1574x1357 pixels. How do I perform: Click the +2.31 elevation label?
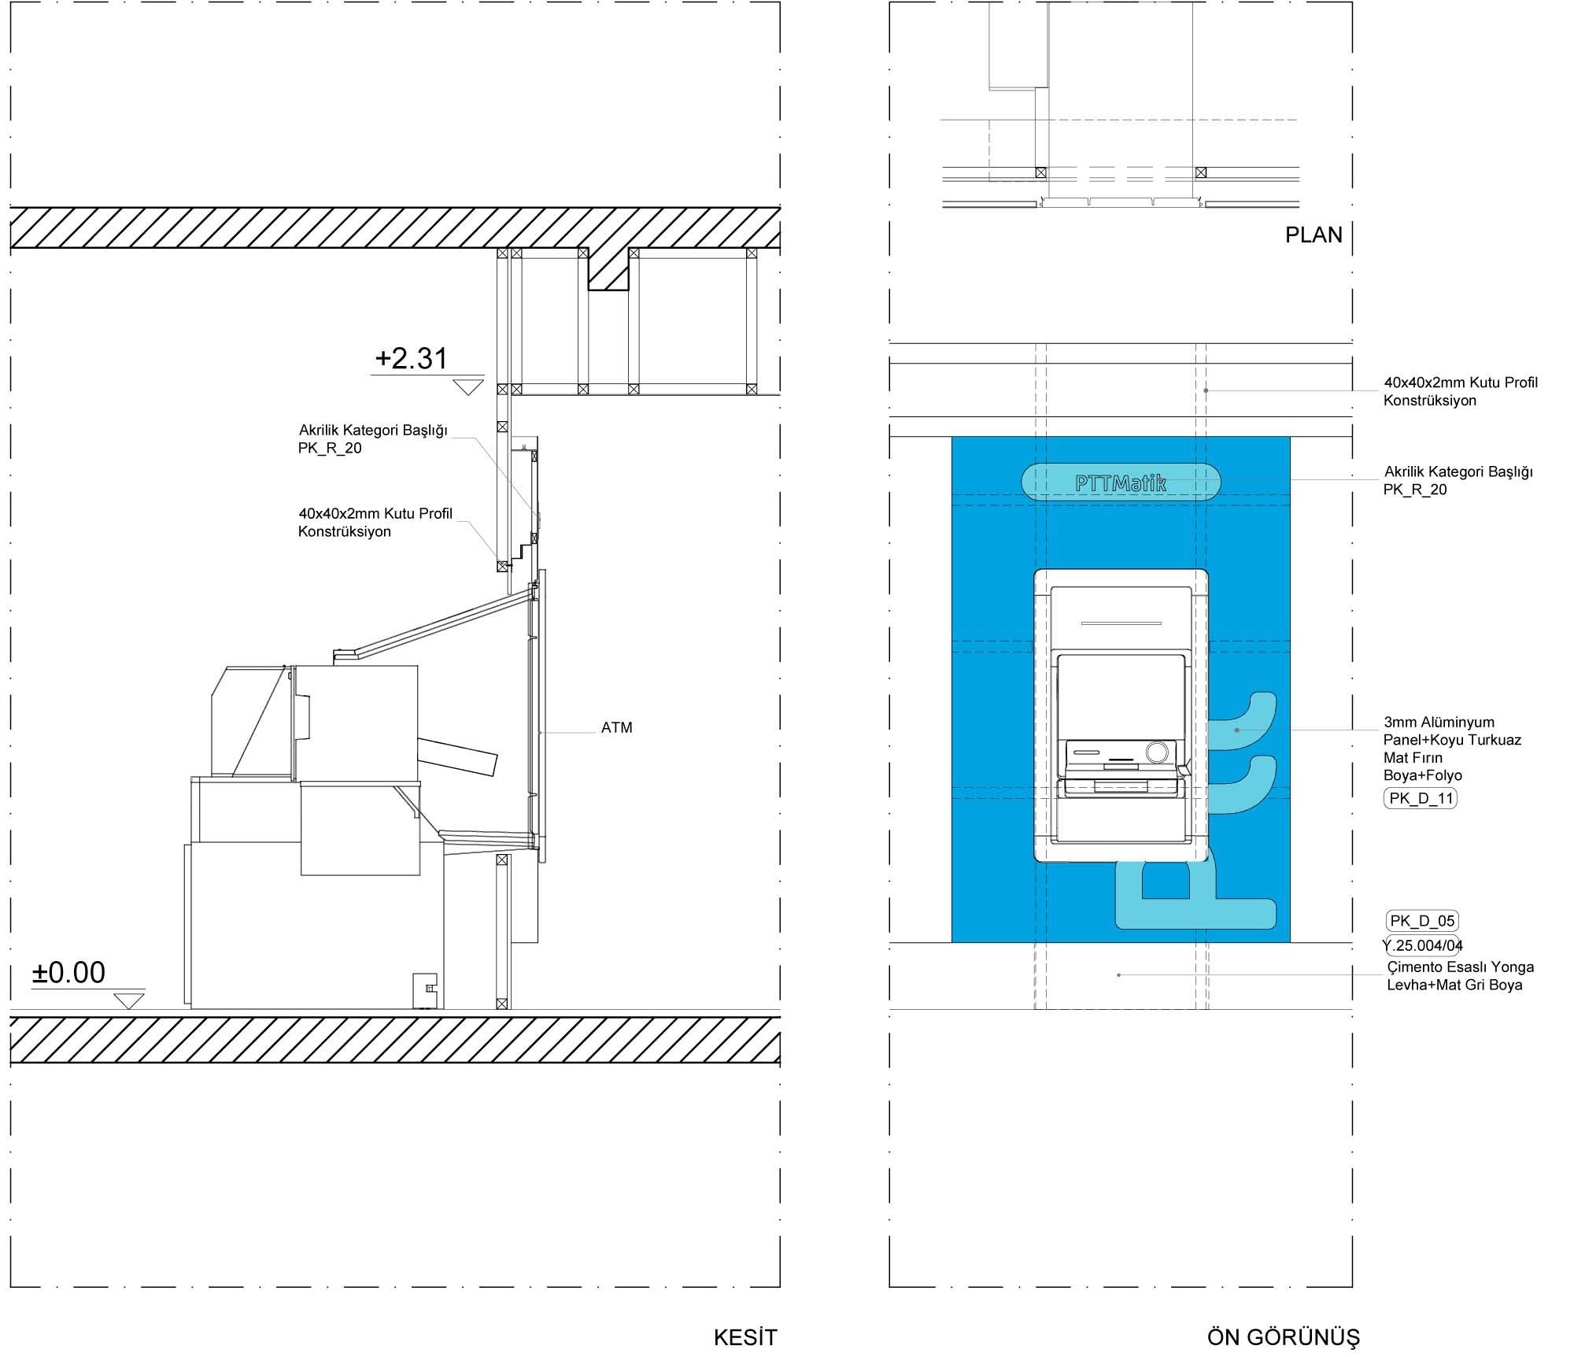(412, 358)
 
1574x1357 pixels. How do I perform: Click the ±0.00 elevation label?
(68, 973)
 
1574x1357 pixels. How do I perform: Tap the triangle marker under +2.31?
(468, 386)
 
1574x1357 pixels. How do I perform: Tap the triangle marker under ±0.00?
(129, 1000)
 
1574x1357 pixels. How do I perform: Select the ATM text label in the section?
(617, 728)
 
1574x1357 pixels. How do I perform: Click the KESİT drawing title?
(745, 1337)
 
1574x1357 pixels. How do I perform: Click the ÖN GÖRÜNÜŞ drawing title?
(1283, 1337)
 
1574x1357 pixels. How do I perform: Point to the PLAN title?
(1314, 235)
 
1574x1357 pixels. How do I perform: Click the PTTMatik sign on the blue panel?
(1121, 483)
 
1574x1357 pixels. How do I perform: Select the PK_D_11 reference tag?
(1421, 799)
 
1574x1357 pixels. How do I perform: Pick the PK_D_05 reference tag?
(1421, 921)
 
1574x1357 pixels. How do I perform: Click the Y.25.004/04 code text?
(1423, 945)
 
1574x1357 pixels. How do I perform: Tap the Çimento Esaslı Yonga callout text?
(1460, 976)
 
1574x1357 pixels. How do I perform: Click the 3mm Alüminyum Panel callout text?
(1452, 749)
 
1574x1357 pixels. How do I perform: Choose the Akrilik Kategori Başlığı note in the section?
(372, 439)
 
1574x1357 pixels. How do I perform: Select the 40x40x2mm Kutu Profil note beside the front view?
(1461, 391)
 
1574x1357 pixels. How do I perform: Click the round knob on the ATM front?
(1157, 752)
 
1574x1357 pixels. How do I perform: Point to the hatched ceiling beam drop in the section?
(608, 270)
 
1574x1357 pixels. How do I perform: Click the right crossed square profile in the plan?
(1201, 172)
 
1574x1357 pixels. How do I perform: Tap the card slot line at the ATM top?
(1121, 623)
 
